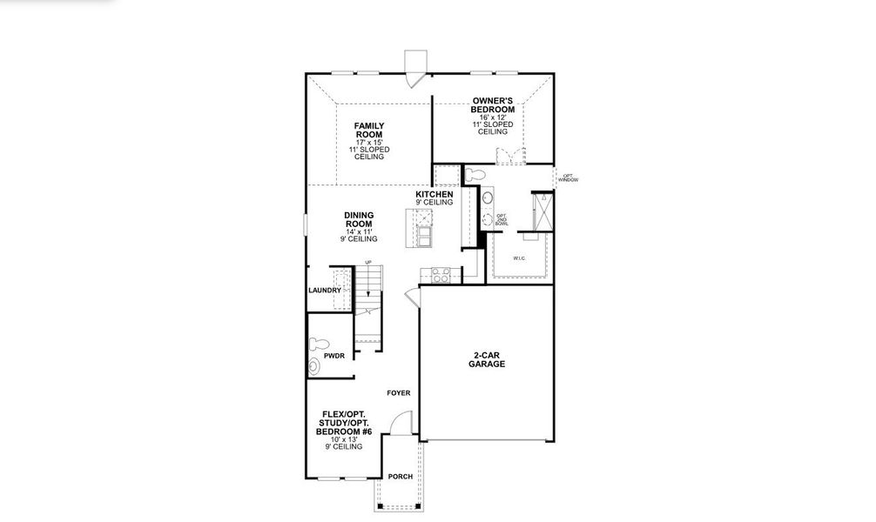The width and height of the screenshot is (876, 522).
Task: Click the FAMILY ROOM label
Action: pyautogui.click(x=368, y=130)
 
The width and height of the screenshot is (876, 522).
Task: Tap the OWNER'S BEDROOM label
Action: pyautogui.click(x=492, y=105)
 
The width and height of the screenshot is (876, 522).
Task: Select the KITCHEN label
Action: pyautogui.click(x=433, y=194)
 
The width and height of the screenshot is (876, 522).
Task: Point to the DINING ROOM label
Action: pyautogui.click(x=358, y=219)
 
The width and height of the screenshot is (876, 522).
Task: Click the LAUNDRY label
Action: pyautogui.click(x=324, y=291)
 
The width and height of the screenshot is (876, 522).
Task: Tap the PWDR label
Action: pyautogui.click(x=334, y=355)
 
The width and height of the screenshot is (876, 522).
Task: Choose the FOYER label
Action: pyautogui.click(x=399, y=393)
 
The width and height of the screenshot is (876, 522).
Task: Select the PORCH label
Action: pyautogui.click(x=400, y=477)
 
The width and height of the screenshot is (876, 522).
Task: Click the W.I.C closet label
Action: pyautogui.click(x=520, y=258)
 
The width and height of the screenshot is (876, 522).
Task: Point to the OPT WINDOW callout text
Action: pyautogui.click(x=568, y=177)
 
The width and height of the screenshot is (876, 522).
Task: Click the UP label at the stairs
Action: pyautogui.click(x=369, y=263)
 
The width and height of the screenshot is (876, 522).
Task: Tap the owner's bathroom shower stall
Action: pyautogui.click(x=542, y=211)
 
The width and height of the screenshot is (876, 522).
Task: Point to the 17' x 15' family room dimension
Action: pyautogui.click(x=368, y=143)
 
